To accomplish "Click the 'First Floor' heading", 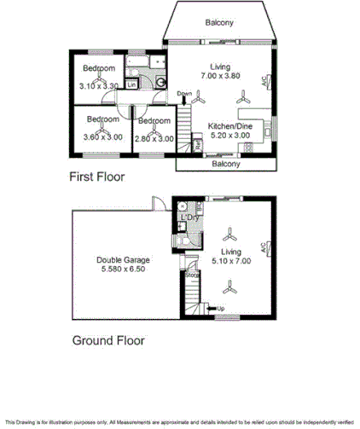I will tap(96, 177).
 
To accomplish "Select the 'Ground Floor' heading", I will tap(107, 339).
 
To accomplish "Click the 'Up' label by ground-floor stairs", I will tap(221, 308).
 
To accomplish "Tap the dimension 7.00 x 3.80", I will tap(221, 76).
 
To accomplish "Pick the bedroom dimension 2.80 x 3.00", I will tap(155, 137).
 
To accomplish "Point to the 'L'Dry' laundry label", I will tap(189, 218).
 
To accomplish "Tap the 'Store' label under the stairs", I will tap(194, 275).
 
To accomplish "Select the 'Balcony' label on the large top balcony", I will tap(220, 23).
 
